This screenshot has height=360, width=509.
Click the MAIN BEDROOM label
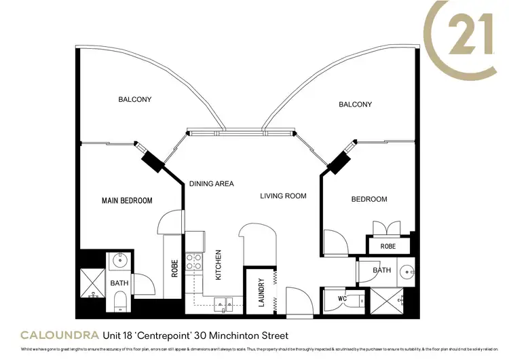tap(127, 200)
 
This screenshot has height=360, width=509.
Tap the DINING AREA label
tap(211, 183)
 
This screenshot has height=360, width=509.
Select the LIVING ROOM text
tap(284, 196)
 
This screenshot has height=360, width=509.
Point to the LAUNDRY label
tap(261, 293)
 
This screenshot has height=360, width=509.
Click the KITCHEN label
tap(219, 265)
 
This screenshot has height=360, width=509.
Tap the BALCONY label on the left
tap(135, 100)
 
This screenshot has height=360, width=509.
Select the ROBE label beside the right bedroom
tap(388, 246)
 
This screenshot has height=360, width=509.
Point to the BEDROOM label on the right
tap(369, 199)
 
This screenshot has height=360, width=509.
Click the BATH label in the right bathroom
tap(381, 270)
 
